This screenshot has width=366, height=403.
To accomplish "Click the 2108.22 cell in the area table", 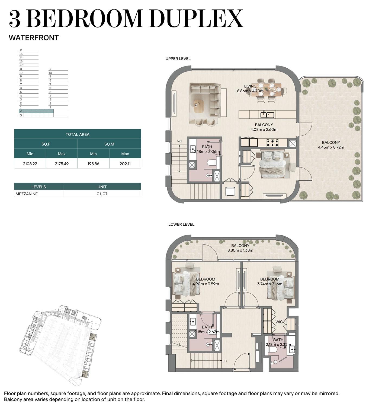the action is point(30,164).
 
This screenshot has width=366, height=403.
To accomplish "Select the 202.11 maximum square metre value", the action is point(125,164).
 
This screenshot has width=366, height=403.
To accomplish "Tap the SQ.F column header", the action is point(46,144).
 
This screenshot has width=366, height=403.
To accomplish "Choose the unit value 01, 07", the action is point(102,194).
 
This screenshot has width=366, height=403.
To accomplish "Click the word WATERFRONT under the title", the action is point(34,38).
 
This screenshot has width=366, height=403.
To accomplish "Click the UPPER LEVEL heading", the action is point(178,59).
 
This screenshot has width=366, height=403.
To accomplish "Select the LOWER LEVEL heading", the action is point(181,224).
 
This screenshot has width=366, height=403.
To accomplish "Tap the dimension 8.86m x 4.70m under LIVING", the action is point(250,91).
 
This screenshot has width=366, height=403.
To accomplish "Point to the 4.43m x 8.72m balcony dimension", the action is point(331,147).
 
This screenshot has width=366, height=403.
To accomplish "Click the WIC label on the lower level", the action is point(279,322).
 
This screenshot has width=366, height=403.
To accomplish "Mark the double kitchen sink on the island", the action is point(267,115).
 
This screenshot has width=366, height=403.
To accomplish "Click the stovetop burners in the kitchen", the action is point(272,143).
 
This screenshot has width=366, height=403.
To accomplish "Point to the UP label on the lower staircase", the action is point(224,361).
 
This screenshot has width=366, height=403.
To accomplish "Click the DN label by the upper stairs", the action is point(179,141).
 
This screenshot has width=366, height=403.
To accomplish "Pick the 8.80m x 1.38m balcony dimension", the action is point(240,250).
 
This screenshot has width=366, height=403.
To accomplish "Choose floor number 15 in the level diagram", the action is point(21,54).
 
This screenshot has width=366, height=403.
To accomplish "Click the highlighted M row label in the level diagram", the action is point(21,111).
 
